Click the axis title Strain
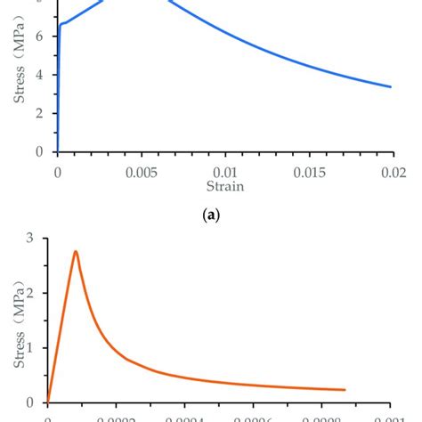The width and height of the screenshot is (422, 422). point(225,186)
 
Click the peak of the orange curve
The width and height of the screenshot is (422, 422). point(76,251)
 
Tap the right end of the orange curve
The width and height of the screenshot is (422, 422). point(345,389)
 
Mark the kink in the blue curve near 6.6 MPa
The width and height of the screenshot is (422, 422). point(60,24)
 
